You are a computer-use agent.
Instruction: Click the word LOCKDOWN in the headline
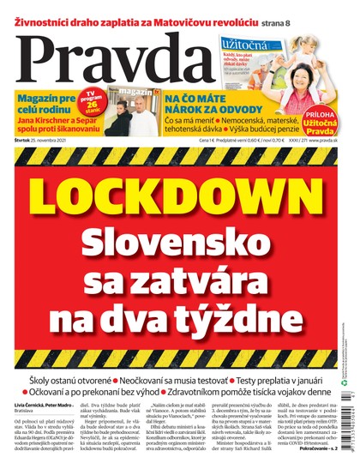point(179,189)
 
